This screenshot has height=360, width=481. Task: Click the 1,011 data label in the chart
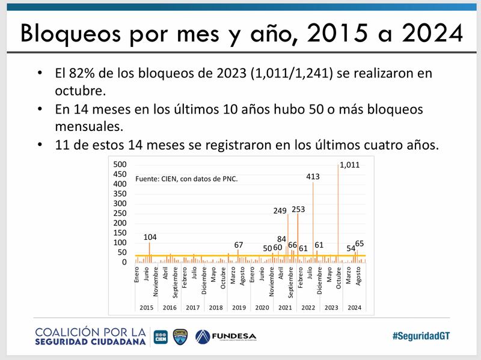point(350,165)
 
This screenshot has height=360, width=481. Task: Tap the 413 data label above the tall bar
point(313,177)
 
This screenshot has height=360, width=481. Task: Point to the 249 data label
point(280,211)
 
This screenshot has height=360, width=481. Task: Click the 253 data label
point(299,209)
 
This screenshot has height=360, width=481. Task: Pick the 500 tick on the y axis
point(120,165)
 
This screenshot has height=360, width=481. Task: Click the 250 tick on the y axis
point(120,213)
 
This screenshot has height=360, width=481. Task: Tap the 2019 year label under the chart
point(239,307)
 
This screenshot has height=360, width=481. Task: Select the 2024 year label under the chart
point(354,307)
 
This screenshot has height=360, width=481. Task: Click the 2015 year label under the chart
point(146,307)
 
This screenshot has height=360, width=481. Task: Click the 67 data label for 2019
point(239,245)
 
